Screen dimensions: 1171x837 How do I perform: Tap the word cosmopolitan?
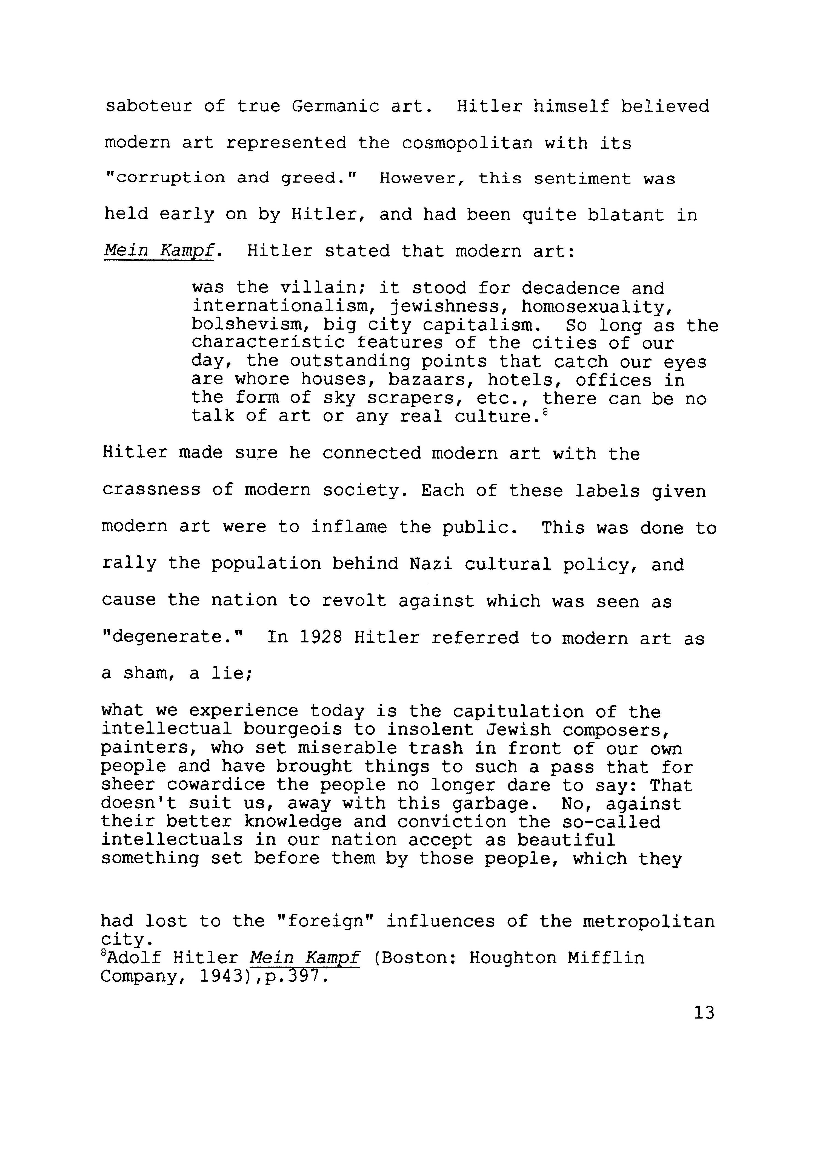point(467,143)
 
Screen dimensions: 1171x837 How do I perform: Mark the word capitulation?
point(518,712)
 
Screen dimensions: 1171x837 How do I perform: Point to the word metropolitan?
point(648,921)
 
